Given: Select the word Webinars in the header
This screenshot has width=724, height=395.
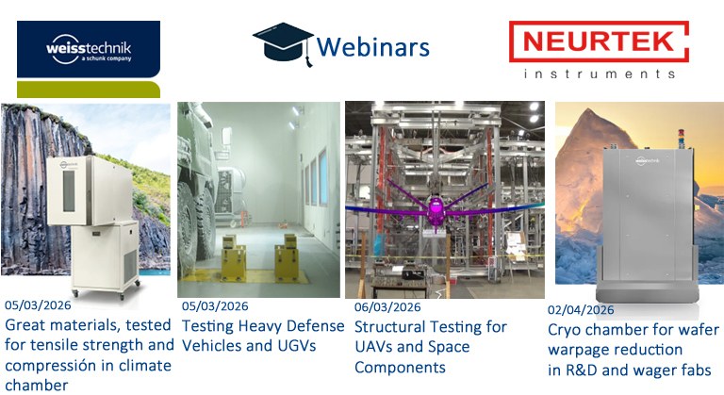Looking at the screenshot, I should coord(373,46).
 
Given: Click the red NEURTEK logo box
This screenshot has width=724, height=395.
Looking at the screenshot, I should coord(599,41).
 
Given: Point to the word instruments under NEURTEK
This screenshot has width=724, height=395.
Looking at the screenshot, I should coord(599,73).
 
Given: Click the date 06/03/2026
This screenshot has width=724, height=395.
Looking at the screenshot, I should coord(387,306).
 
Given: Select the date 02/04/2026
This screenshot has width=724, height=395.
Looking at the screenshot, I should coord(581,309).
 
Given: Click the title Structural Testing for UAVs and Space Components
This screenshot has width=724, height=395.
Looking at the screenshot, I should coord(430,347).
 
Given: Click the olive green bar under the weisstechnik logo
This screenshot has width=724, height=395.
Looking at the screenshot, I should coord(89,91).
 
